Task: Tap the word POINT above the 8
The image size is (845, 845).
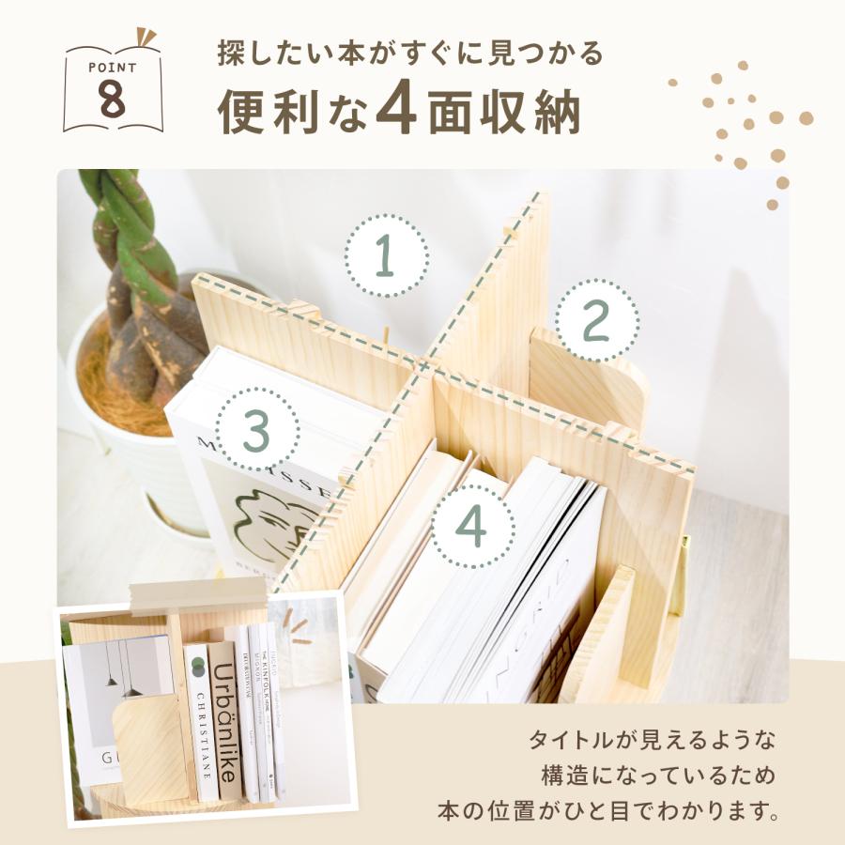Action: [113, 68]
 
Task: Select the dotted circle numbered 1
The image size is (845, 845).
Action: [384, 256]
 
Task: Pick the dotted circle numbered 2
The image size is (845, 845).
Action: [596, 322]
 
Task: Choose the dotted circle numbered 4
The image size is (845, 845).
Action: [471, 527]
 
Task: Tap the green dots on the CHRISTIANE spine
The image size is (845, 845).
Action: [197, 668]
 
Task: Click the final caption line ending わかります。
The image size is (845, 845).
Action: [608, 809]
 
